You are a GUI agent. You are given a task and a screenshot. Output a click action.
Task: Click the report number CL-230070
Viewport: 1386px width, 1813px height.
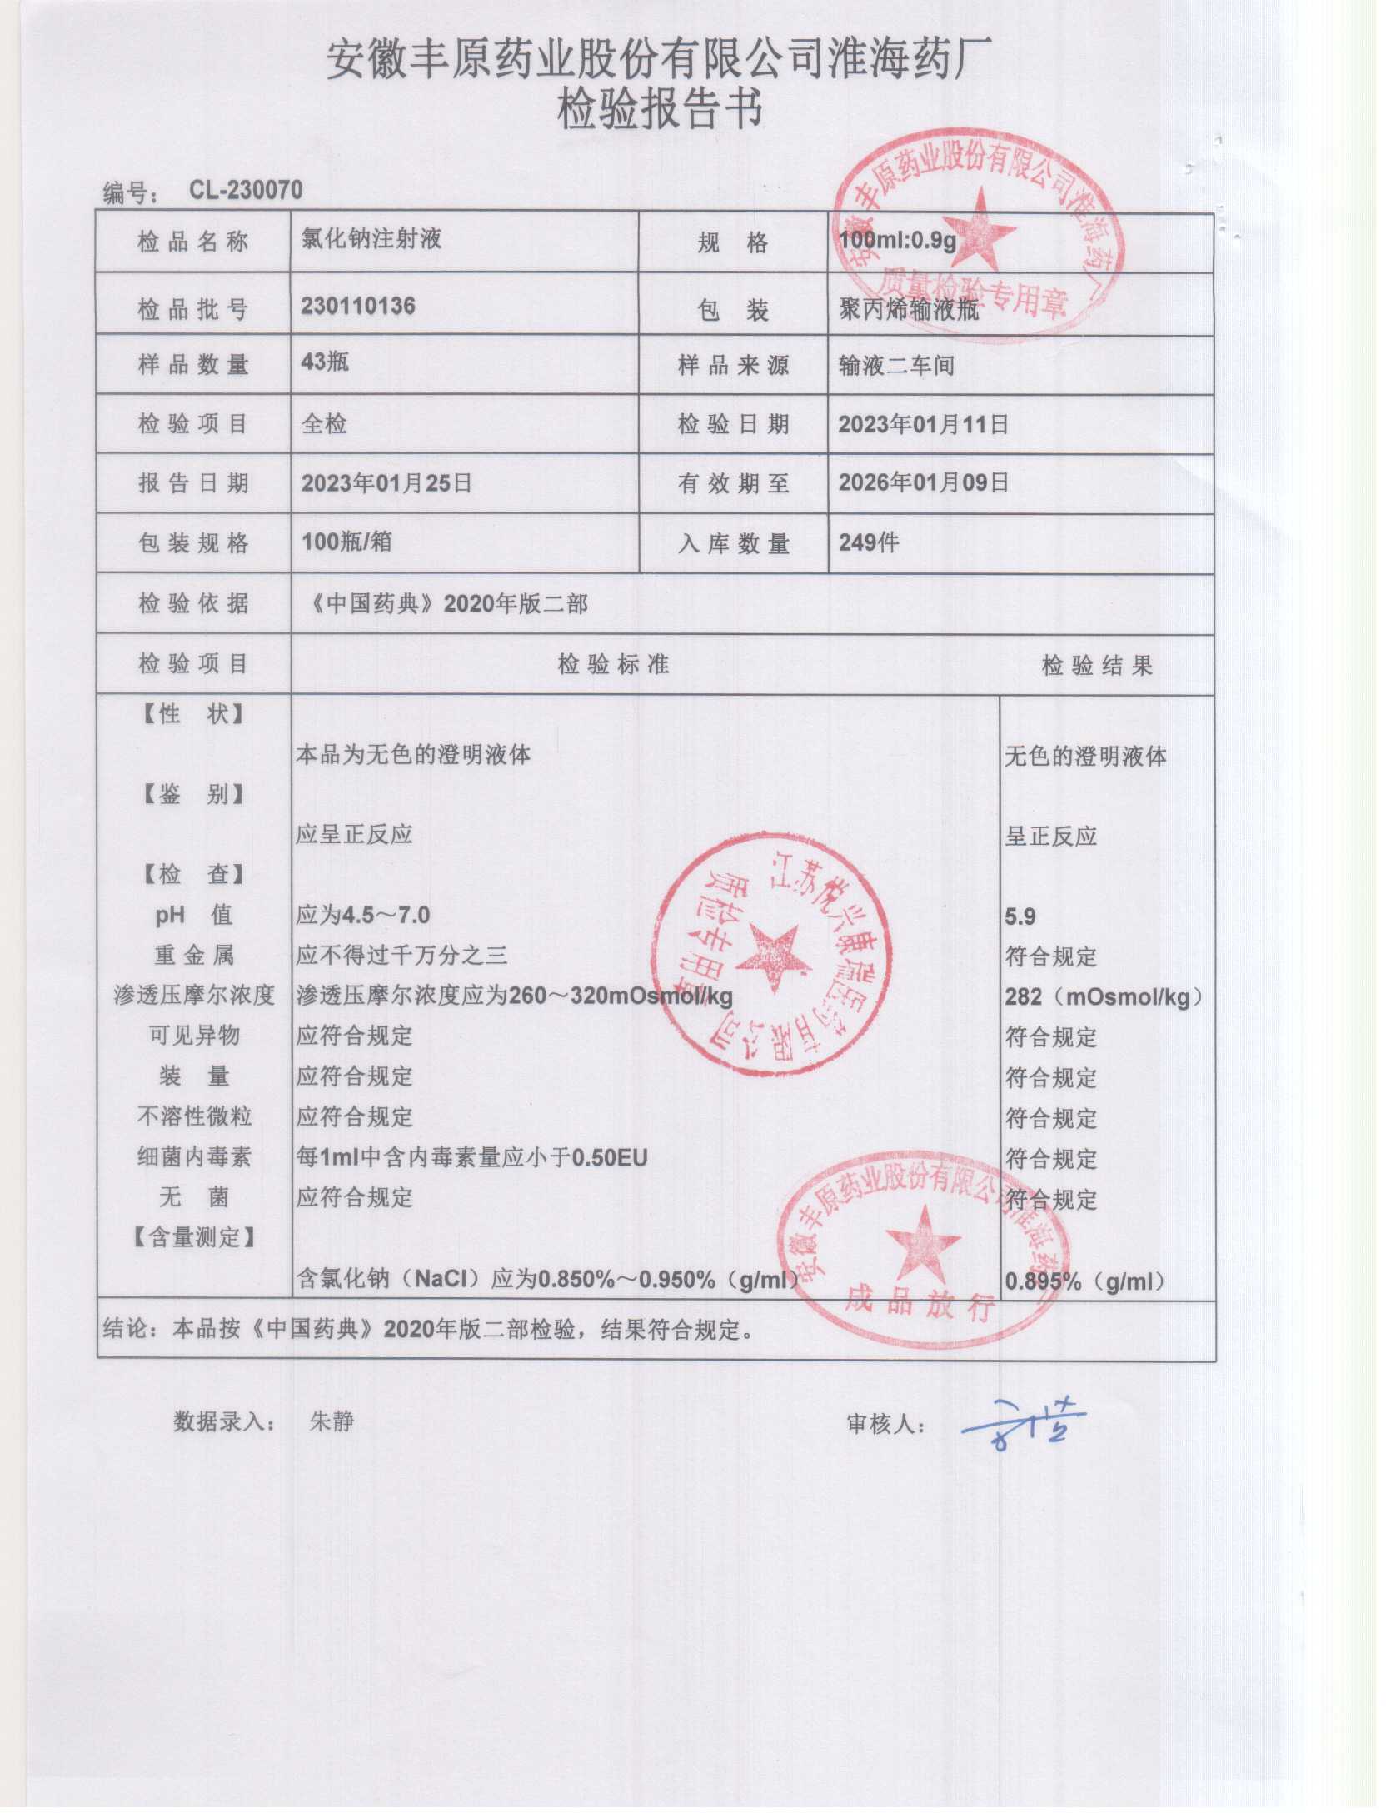point(246,190)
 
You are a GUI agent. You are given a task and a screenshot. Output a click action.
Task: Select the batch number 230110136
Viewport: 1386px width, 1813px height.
point(358,306)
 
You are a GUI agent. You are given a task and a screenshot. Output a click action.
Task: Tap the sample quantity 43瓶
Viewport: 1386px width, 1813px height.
point(325,362)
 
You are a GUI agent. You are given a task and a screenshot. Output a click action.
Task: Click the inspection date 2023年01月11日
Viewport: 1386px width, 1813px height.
point(923,424)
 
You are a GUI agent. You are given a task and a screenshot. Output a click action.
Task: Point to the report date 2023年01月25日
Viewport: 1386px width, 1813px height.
point(386,483)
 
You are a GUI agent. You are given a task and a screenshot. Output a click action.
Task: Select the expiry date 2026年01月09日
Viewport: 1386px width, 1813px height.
point(923,482)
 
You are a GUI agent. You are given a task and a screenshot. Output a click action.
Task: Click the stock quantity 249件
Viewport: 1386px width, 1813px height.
point(869,542)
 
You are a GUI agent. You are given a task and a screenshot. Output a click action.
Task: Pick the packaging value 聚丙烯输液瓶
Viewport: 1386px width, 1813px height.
point(909,310)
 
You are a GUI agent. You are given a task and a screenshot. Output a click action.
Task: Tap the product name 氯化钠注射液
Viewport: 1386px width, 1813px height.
point(371,239)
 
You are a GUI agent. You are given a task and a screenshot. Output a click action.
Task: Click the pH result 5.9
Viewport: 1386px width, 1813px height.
point(1020,917)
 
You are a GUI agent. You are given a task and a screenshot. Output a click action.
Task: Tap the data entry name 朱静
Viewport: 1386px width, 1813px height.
point(332,1421)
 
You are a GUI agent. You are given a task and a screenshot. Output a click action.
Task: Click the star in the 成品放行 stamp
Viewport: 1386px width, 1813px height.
point(923,1244)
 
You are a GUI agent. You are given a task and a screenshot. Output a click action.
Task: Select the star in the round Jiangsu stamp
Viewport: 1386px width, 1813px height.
point(775,957)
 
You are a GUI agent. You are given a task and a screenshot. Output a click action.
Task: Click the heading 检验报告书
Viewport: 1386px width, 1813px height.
point(660,110)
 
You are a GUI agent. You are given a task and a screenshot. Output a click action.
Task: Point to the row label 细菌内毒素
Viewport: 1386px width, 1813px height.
point(194,1156)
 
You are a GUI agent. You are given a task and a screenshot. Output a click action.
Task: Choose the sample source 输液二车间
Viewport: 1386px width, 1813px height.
point(896,366)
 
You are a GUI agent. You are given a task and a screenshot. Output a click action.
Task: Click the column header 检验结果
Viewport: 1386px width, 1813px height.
point(1097,665)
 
